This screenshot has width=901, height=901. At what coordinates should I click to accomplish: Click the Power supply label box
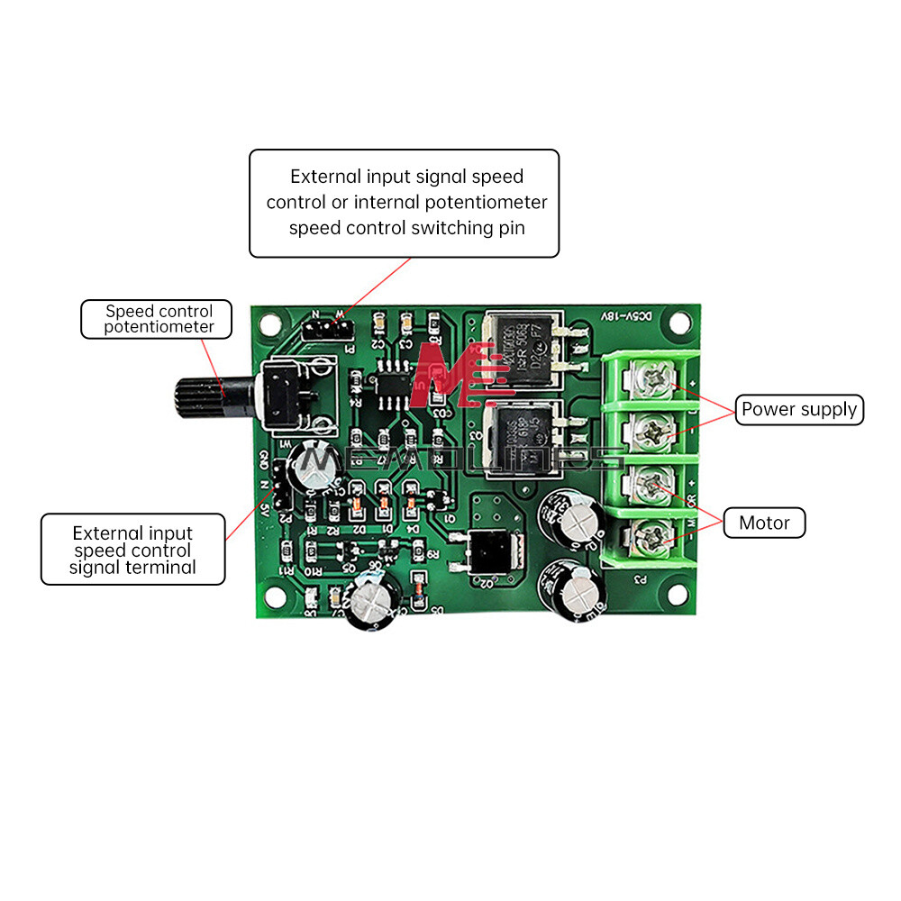click(x=799, y=409)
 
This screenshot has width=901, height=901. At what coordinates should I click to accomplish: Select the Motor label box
click(x=764, y=523)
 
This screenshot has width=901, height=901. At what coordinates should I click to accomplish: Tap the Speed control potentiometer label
click(x=159, y=319)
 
